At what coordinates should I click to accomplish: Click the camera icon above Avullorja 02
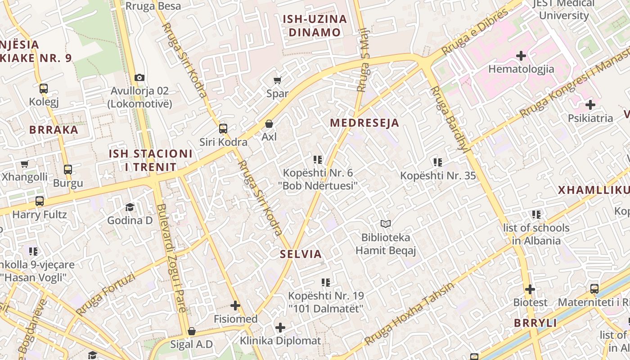139,77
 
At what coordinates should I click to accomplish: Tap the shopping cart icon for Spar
278,80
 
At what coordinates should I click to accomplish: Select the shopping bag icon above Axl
269,123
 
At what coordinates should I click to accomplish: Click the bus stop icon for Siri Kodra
223,129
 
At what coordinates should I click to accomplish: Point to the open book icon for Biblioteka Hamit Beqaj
386,224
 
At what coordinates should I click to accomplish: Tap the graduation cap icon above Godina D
130,207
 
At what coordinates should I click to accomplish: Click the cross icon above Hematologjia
521,56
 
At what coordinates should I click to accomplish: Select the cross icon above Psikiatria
590,105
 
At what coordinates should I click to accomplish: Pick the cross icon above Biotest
530,289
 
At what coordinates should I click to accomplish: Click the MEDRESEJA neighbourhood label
364,123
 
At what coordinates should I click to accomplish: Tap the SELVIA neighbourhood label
301,254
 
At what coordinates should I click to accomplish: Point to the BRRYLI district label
535,323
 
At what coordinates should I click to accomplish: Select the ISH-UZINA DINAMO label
315,26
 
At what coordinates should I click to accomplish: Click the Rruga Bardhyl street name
449,119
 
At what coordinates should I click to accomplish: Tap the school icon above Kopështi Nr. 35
438,162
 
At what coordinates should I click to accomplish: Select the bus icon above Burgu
68,170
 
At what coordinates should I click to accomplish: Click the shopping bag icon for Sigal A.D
192,332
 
